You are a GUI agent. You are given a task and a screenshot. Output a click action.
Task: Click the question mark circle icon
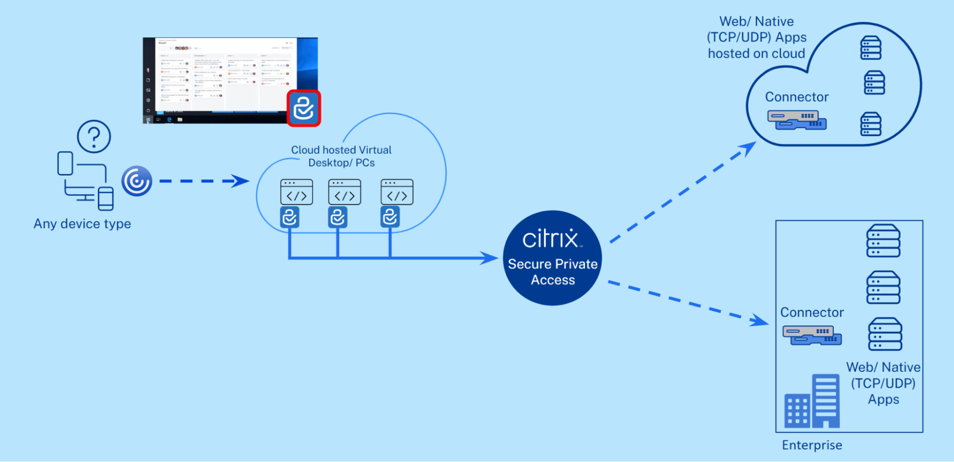pyautogui.click(x=94, y=136)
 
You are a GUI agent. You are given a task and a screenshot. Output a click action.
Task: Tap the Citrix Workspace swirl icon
pyautogui.click(x=136, y=181)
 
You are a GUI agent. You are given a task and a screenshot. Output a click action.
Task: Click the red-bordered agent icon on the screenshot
pyautogui.click(x=304, y=108)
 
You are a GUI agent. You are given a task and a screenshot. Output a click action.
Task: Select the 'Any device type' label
pyautogui.click(x=82, y=224)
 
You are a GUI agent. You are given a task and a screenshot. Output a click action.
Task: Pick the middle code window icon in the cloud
pyautogui.click(x=345, y=192)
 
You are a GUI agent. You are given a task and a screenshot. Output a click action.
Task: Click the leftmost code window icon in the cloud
pyautogui.click(x=296, y=192)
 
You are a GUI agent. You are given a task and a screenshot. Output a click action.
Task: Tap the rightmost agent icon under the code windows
pyautogui.click(x=390, y=217)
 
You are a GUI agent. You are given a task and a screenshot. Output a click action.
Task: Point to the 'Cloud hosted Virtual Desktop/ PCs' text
pyautogui.click(x=341, y=156)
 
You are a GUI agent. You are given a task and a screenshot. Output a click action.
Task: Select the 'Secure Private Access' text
pyautogui.click(x=553, y=272)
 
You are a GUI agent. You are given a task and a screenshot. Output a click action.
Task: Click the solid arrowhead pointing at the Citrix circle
pyautogui.click(x=489, y=258)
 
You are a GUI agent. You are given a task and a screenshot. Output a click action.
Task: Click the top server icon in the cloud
pyautogui.click(x=870, y=48)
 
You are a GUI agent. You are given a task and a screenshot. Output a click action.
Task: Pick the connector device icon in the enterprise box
pyautogui.click(x=812, y=335)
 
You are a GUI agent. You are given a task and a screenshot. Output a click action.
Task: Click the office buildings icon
pyautogui.click(x=812, y=402)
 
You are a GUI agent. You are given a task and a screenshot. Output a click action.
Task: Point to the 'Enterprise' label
pyautogui.click(x=812, y=445)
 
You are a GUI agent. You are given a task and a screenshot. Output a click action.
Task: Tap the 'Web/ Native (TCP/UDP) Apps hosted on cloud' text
pyautogui.click(x=757, y=38)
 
